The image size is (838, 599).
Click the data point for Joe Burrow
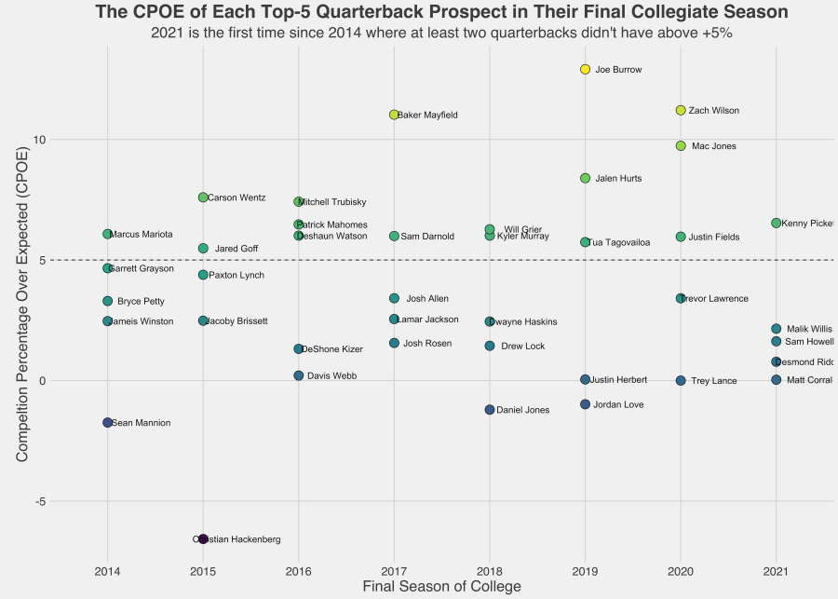click(x=585, y=70)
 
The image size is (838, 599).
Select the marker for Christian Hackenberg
click(x=203, y=539)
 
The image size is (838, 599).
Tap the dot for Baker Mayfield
click(x=394, y=115)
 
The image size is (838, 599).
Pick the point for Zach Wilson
click(x=681, y=110)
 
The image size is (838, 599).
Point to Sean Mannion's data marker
click(x=108, y=423)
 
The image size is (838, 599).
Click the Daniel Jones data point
click(x=490, y=410)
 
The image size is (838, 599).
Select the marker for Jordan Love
click(x=585, y=404)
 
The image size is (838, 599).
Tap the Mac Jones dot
click(x=681, y=146)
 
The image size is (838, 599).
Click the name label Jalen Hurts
click(x=618, y=178)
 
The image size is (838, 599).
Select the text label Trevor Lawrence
click(x=714, y=299)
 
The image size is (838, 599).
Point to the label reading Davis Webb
click(x=331, y=376)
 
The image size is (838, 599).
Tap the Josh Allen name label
click(x=427, y=299)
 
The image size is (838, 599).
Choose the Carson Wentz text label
click(x=237, y=197)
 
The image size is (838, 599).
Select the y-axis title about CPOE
click(x=23, y=308)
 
